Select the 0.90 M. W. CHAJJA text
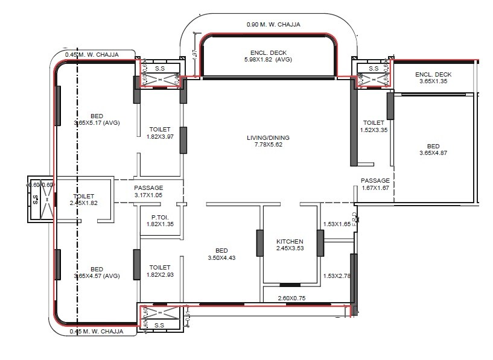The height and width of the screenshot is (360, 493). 273,25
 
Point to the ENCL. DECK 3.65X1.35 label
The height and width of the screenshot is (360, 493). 433,78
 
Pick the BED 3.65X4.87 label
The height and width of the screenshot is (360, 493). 433,150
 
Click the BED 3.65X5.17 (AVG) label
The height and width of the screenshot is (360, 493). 97,119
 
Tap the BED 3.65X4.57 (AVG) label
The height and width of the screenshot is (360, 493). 97,273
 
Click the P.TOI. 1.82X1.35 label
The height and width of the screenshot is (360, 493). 159,220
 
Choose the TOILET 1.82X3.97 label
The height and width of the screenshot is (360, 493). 159,133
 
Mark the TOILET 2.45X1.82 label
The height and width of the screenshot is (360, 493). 84,200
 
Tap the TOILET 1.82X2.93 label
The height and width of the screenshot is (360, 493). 159,271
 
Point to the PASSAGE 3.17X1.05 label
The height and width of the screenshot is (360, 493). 148,191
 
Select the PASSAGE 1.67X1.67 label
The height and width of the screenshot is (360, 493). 375,184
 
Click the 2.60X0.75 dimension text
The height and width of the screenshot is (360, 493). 291,298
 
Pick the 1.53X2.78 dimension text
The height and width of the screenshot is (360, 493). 336,276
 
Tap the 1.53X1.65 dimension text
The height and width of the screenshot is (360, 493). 336,224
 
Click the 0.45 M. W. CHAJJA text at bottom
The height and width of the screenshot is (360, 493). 97,331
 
